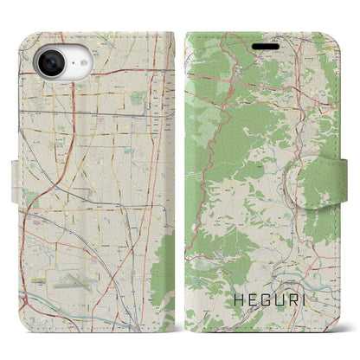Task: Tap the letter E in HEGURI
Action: [x=246, y=300]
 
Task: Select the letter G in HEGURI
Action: [x=259, y=300]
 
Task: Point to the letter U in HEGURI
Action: [x=273, y=300]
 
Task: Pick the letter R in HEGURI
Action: [x=286, y=300]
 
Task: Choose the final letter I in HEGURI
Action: [x=297, y=300]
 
